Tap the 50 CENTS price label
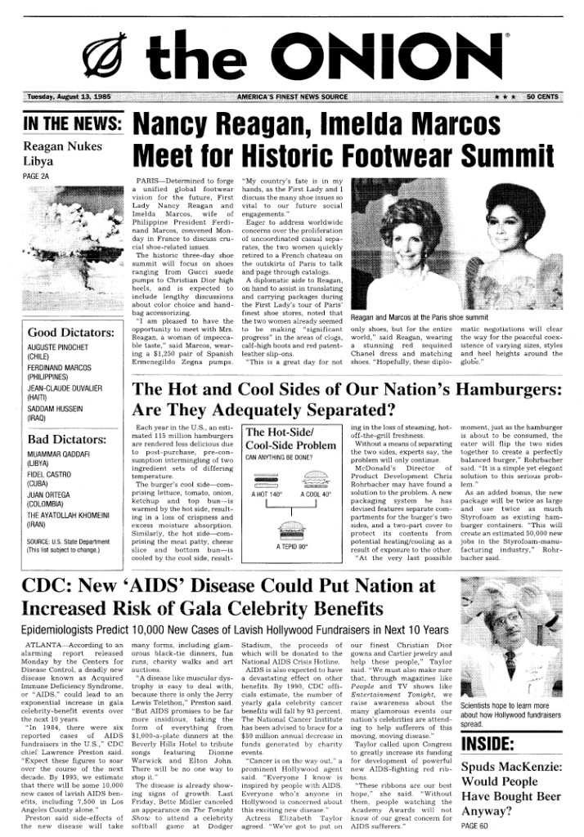pos(542,97)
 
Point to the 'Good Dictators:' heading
pos(70,333)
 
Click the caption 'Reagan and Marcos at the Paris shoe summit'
pos(419,316)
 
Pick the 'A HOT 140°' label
pos(267,495)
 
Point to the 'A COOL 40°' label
pos(315,495)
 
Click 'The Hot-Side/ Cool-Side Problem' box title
pos(290,440)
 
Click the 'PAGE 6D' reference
pos(474,826)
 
